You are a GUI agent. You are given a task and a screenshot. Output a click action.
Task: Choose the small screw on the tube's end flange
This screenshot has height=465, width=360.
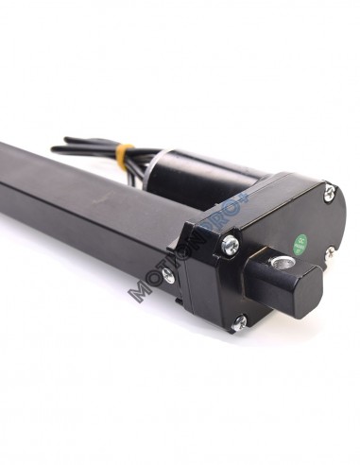pyautogui.click(x=167, y=274)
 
